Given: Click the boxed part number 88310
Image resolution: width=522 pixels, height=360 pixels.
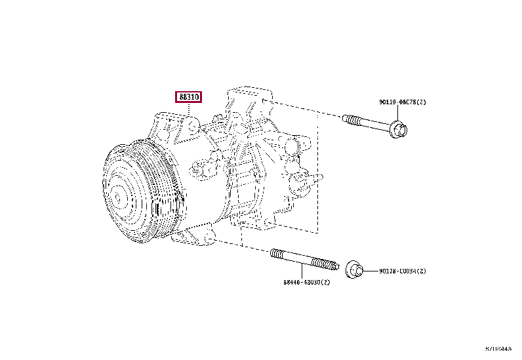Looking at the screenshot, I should (188, 97).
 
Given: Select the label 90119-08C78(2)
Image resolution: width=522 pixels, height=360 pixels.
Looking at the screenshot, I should (402, 102).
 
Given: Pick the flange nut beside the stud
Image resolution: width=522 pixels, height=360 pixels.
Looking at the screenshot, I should (353, 270).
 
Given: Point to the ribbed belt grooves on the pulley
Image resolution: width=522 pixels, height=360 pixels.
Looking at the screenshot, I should (157, 190).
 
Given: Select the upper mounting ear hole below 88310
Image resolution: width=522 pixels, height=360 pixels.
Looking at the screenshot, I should (192, 127).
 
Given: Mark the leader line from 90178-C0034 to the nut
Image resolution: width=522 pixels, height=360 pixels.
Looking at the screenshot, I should (371, 271).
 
